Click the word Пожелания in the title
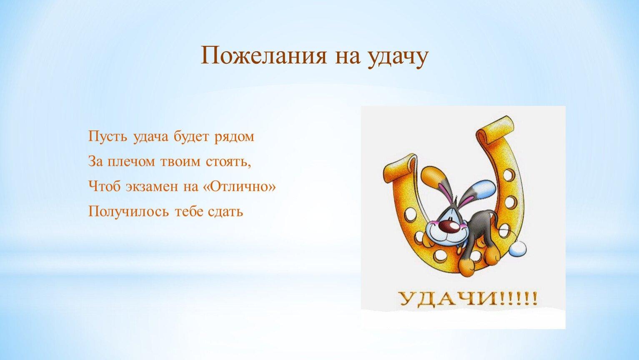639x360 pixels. click(x=263, y=55)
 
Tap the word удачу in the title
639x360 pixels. click(x=397, y=57)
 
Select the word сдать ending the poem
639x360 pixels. click(x=226, y=212)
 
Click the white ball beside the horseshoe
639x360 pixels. click(x=518, y=249)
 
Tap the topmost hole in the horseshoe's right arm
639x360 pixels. click(x=509, y=175)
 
